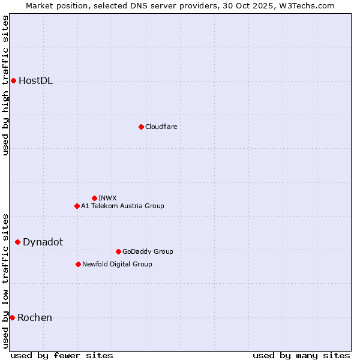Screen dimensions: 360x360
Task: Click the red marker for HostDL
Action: (13, 80)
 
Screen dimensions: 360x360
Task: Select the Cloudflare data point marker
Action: (141, 127)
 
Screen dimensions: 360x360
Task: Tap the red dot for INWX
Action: (94, 198)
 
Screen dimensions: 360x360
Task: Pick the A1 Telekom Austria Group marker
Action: (77, 206)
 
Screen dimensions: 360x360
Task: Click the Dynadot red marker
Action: (17, 242)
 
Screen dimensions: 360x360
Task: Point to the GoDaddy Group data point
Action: (118, 251)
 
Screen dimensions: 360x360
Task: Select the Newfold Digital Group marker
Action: (78, 264)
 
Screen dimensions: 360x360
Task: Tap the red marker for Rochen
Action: (12, 317)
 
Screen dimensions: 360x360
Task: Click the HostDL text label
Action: (36, 81)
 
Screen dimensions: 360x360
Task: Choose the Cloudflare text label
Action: (161, 127)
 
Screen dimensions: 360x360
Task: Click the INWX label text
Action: (107, 198)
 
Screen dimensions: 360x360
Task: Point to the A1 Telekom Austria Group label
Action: (122, 206)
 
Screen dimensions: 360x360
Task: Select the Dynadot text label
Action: (43, 242)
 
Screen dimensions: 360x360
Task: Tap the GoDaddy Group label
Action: (148, 251)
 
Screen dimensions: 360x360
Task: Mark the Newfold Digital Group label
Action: (117, 264)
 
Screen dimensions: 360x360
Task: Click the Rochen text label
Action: (35, 317)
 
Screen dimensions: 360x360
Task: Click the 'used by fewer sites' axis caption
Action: (62, 355)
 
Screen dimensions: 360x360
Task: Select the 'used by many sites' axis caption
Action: (301, 355)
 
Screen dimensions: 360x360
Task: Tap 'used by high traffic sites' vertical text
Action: (6, 85)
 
